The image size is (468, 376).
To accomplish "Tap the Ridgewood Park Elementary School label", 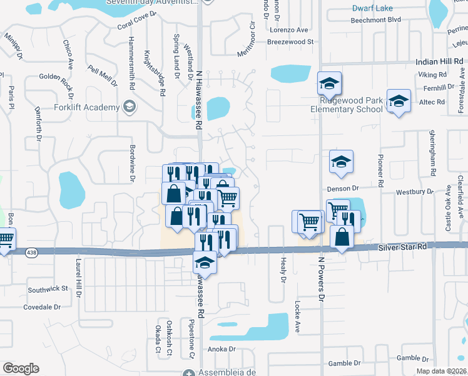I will point(347,105).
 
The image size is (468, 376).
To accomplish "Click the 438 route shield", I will point(31,253).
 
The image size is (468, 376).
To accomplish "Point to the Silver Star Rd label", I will point(404,248).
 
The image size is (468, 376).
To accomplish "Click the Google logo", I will point(21,368).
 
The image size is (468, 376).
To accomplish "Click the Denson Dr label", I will point(342,188).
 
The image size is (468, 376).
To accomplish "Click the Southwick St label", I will point(48,289).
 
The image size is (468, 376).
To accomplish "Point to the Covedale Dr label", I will point(41,308).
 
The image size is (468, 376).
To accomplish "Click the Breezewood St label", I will point(290,41).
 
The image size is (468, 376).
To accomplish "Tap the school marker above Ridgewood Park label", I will point(329,83).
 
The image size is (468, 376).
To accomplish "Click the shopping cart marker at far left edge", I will point(5,239).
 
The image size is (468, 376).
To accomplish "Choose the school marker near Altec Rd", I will point(398,101).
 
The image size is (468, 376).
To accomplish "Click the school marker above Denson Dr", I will point(341,161).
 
